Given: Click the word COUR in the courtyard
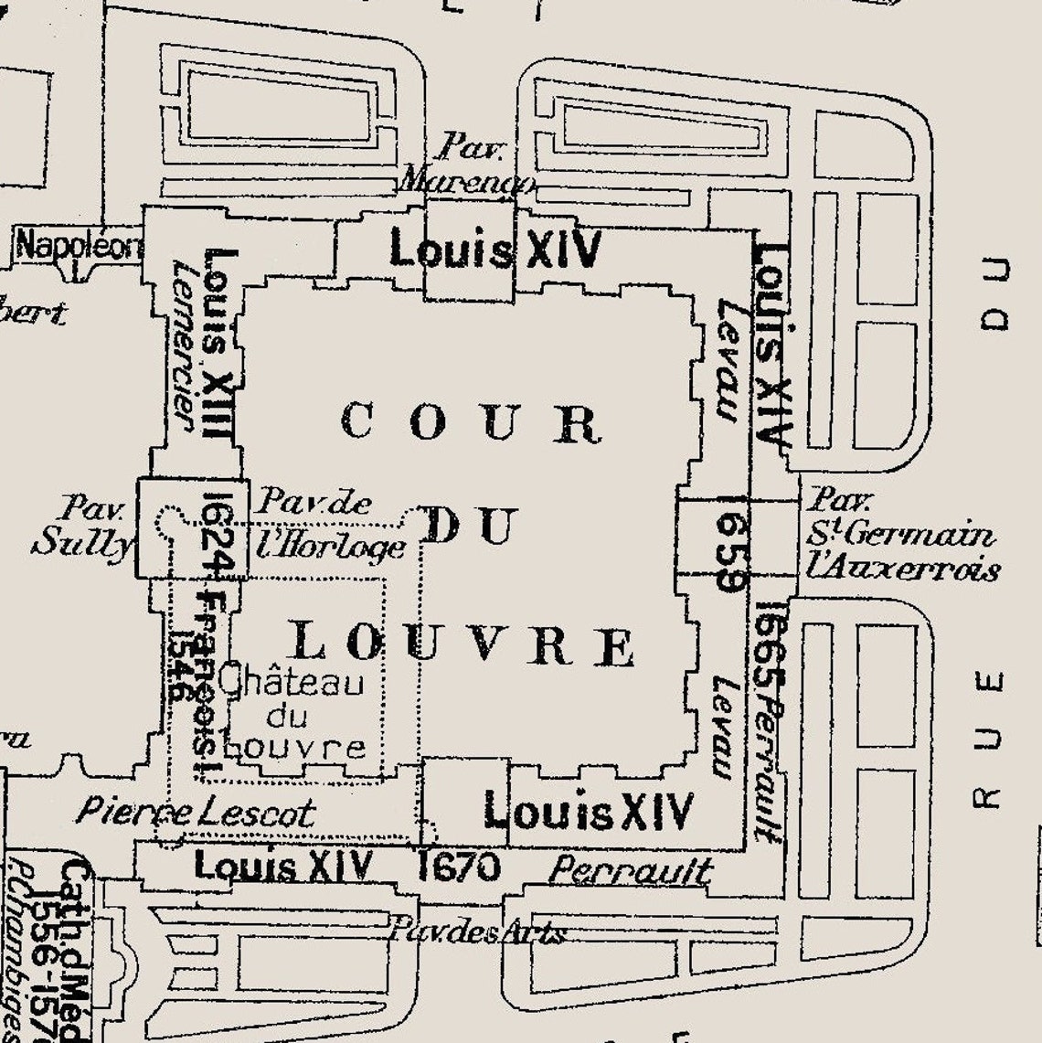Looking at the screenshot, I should pos(471,422).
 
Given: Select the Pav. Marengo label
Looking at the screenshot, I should pos(466,164).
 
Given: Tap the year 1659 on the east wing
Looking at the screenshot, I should pos(732,551).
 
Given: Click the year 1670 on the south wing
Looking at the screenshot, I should pos(459,866).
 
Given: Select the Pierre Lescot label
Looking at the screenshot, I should pos(195,812).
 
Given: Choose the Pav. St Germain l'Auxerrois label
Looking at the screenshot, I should pos(901,535).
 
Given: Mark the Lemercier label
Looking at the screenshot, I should pos(184,346).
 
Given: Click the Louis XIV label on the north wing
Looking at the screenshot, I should pos(496,249).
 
